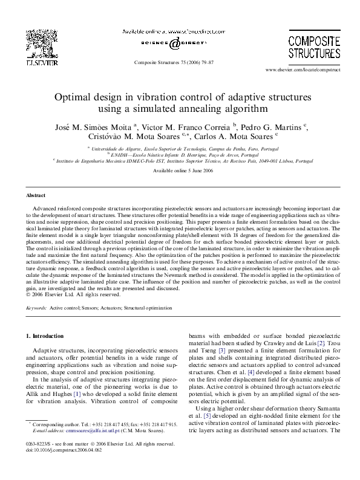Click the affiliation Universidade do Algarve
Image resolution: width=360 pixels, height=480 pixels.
[114, 147]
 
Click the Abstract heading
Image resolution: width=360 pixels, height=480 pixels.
[36, 196]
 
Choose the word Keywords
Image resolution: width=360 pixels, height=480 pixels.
[37, 308]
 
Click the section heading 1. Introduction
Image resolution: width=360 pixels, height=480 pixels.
[47, 336]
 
